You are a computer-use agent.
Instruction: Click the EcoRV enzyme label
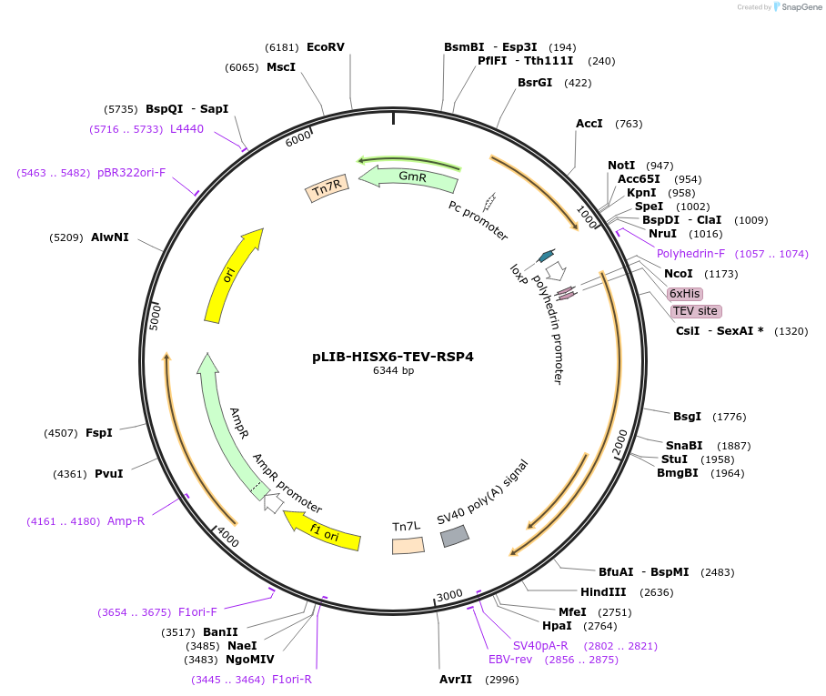click(325, 47)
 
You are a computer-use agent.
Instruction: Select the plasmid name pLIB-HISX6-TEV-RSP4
click(393, 357)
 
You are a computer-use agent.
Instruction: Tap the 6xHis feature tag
click(684, 294)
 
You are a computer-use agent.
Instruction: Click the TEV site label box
click(696, 311)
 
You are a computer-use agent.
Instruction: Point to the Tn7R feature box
click(327, 188)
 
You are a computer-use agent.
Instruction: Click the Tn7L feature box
click(408, 545)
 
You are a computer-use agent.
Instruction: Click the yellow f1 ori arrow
click(322, 531)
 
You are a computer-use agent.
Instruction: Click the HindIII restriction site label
click(604, 592)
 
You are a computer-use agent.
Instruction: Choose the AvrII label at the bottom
click(456, 680)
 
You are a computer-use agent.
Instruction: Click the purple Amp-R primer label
click(126, 520)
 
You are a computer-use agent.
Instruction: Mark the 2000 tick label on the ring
click(620, 441)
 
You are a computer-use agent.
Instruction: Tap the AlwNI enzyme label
click(109, 237)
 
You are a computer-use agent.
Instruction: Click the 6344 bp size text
click(393, 371)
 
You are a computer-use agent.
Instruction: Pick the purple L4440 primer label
click(186, 129)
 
